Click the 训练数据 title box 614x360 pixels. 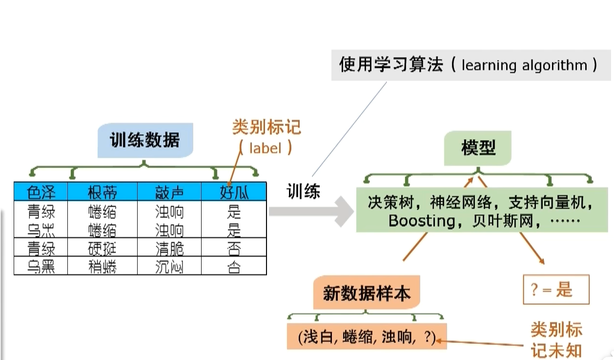click(145, 140)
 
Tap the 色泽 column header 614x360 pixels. click(41, 192)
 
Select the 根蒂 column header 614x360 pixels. click(102, 192)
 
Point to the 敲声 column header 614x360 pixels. click(169, 192)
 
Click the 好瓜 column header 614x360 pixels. click(234, 192)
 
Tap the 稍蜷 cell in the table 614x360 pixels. click(102, 266)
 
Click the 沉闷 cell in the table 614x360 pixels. click(169, 266)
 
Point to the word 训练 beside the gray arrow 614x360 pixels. click(304, 191)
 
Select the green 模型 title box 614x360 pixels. click(478, 148)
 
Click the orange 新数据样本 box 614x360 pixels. click(367, 294)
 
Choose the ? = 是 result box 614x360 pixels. click(556, 290)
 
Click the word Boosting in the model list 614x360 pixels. click(421, 221)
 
